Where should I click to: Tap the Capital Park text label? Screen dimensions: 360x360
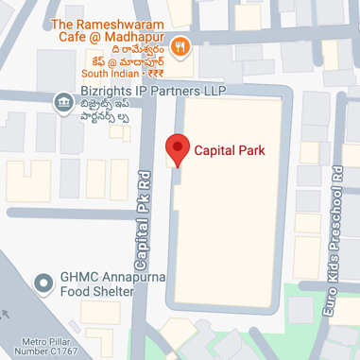coord(228,149)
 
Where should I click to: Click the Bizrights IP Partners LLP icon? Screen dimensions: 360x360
coord(62,100)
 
